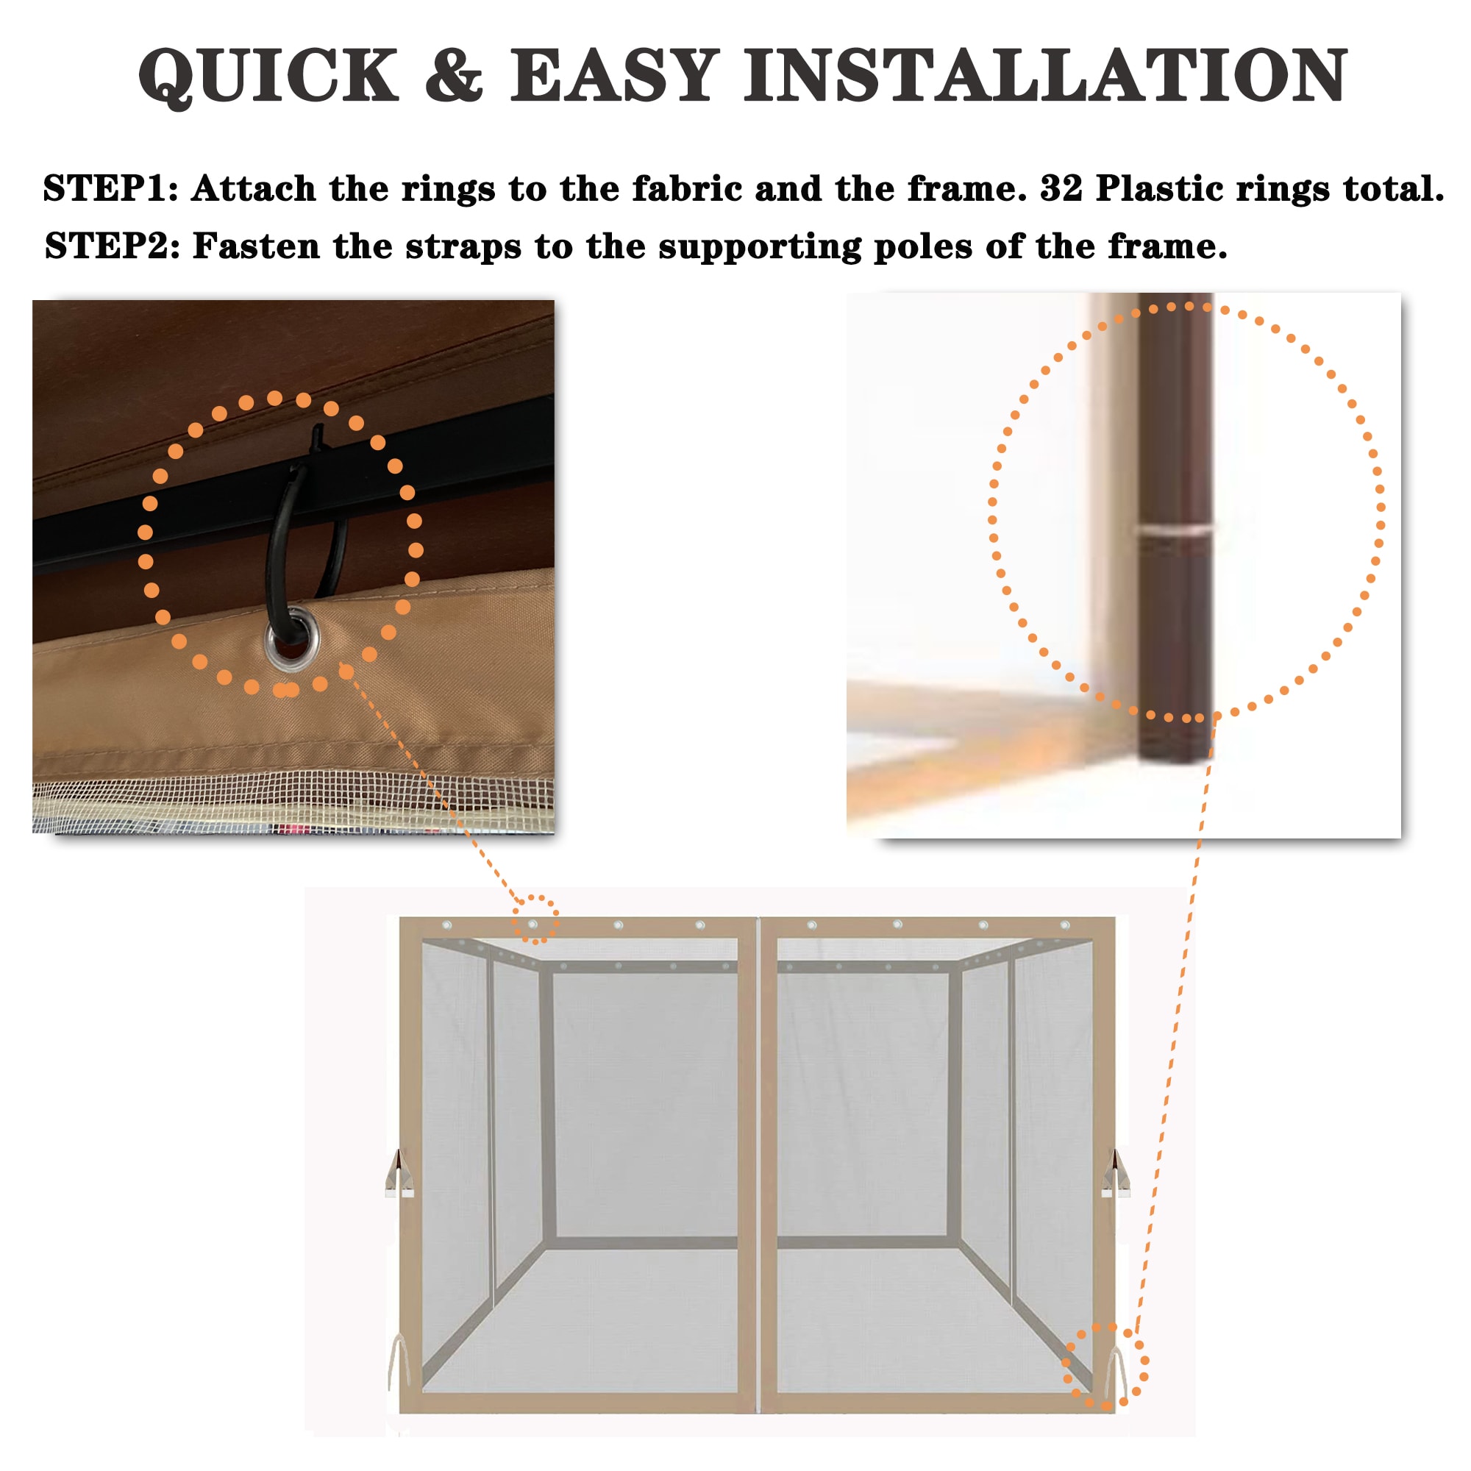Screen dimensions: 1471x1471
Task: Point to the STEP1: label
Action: (x=110, y=188)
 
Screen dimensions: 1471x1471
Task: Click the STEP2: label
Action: (x=112, y=246)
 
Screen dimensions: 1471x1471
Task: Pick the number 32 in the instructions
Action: (x=1061, y=188)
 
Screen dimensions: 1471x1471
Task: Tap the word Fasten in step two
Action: (x=256, y=246)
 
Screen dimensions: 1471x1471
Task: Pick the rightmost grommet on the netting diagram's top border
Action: (x=1064, y=925)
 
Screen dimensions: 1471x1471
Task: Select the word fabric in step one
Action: (x=687, y=188)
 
